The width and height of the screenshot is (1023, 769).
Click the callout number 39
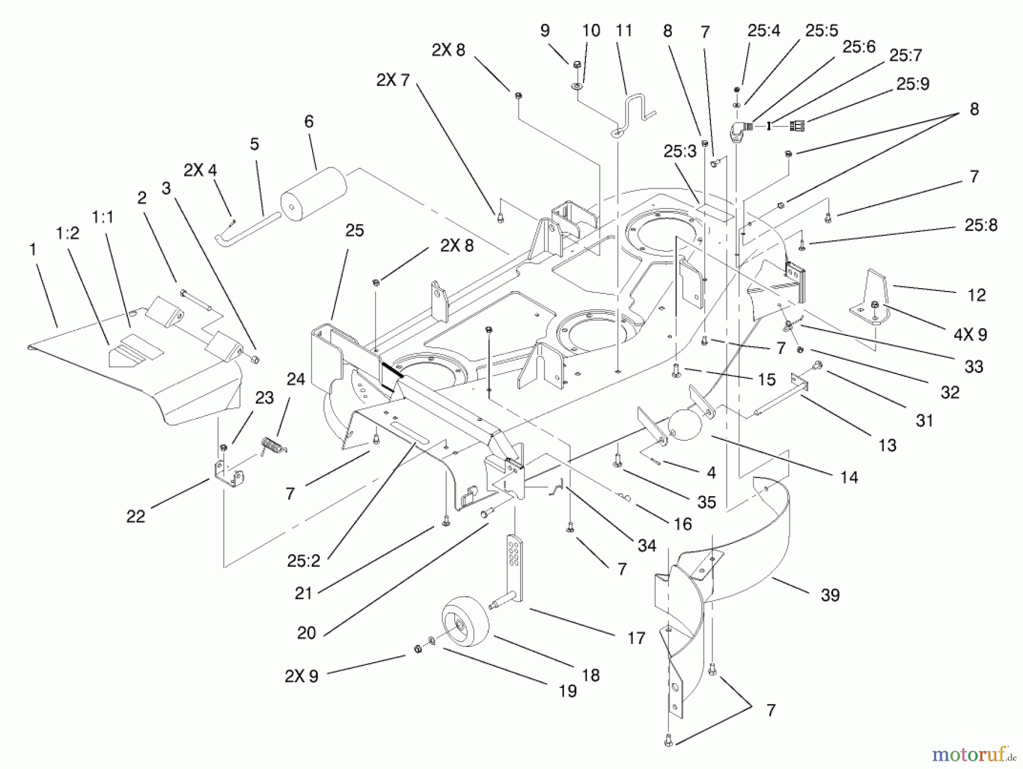[x=830, y=595]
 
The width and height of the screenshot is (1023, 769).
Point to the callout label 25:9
[x=913, y=84]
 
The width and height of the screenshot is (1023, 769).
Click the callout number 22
[x=136, y=516]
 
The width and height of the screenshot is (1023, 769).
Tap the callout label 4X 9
[x=970, y=334]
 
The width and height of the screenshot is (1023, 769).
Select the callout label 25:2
[x=304, y=561]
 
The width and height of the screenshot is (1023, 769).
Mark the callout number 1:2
[x=68, y=234]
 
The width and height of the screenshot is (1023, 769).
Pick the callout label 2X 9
[x=302, y=676]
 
